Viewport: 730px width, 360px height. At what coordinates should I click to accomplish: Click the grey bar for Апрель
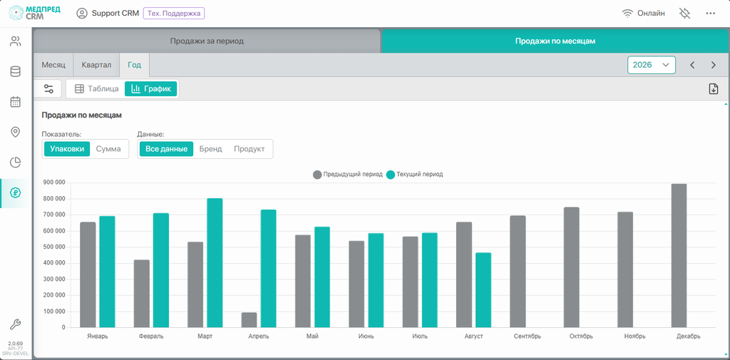point(249,320)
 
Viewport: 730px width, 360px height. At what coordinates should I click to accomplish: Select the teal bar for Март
point(215,263)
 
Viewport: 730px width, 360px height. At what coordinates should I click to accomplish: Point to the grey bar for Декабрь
point(679,256)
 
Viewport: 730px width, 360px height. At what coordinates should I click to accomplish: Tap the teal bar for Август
point(483,290)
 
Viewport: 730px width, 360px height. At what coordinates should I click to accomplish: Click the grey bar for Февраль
point(142,294)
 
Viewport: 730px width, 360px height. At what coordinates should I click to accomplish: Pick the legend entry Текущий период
point(415,175)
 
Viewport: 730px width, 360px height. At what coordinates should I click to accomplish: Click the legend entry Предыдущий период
point(348,175)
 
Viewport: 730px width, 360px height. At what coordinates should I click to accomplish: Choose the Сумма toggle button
point(108,149)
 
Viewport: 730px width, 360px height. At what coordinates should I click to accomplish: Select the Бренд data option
point(210,149)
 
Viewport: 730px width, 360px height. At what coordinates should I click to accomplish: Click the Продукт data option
point(249,149)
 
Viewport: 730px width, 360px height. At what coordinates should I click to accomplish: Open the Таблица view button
point(97,88)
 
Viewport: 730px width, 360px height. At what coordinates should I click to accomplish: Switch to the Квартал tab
point(96,65)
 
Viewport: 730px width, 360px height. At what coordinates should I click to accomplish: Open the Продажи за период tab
point(207,41)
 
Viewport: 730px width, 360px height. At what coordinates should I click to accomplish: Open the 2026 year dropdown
point(652,65)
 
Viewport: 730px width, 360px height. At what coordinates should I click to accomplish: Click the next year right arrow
point(713,65)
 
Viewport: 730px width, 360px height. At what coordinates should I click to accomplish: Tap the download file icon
point(713,89)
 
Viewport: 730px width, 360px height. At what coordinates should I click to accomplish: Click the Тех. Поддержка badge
point(174,14)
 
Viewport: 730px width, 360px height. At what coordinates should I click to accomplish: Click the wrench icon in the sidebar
point(16,324)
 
